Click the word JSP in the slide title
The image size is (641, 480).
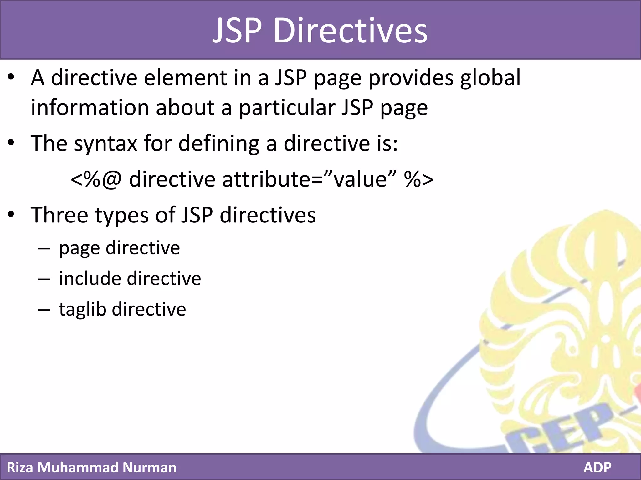pos(237,31)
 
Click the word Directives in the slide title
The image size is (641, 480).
pos(350,31)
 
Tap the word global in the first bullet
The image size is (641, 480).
pos(490,77)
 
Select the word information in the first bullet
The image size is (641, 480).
pos(90,107)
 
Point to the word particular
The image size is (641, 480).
pos(287,107)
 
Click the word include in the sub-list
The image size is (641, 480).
pos(90,278)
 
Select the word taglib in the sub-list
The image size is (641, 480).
pos(82,310)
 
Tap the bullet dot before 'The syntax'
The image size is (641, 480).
pos(11,143)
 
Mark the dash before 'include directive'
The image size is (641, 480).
pos(44,279)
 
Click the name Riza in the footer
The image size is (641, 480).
pos(20,467)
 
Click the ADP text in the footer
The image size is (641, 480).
pos(597,467)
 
